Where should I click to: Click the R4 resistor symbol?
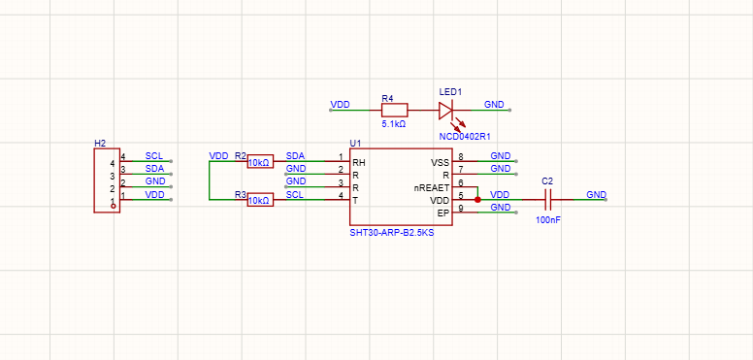[x=394, y=110]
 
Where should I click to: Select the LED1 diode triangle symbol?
[x=445, y=110]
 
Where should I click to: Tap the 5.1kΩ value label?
[x=394, y=124]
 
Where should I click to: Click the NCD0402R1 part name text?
[x=465, y=136]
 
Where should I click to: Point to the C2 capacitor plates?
[x=547, y=200]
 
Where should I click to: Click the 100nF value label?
[x=548, y=220]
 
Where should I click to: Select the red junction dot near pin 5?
[x=477, y=200]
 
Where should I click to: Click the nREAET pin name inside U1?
[x=431, y=187]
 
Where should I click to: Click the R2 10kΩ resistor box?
[x=260, y=162]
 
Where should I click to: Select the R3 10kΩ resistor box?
[x=260, y=200]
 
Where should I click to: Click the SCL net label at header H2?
[x=153, y=156]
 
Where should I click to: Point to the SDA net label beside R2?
[x=295, y=156]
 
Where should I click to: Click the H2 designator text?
[x=100, y=143]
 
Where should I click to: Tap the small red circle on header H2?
[x=114, y=207]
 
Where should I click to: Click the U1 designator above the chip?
[x=355, y=143]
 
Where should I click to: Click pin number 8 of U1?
[x=461, y=156]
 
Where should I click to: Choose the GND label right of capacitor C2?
[x=596, y=195]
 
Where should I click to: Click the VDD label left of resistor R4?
[x=340, y=105]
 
